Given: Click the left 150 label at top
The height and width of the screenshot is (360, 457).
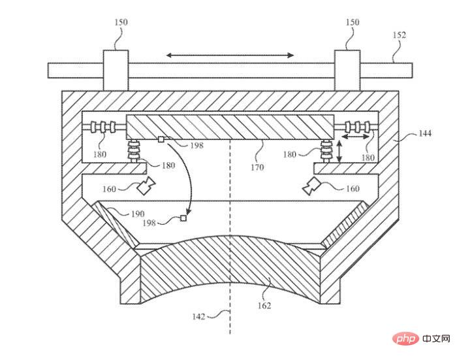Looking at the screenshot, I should [x=121, y=22].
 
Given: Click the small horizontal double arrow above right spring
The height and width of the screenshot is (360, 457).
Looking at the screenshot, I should [x=356, y=139].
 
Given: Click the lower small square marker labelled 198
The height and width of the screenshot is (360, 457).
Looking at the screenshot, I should [x=183, y=219].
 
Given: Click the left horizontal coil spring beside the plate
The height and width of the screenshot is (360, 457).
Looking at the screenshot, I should [x=102, y=126].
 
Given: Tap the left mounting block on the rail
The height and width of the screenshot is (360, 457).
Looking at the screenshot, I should [x=116, y=69].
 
